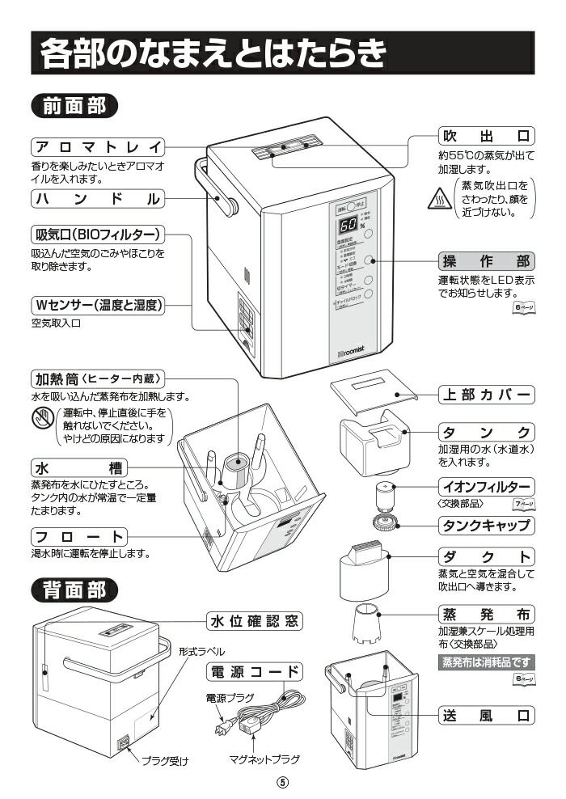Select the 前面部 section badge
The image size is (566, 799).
point(74,106)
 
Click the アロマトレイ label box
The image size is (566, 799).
point(97,147)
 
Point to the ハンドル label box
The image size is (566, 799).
point(97,198)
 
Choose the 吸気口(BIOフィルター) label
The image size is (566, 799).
point(97,235)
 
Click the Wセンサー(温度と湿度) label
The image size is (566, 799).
point(97,306)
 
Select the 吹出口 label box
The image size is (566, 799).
point(486,134)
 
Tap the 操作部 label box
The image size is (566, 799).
point(486,261)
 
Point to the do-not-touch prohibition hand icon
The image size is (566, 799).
point(43,419)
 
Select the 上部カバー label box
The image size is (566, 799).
point(486,395)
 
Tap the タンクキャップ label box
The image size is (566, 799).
point(486,526)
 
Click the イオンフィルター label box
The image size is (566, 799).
point(486,487)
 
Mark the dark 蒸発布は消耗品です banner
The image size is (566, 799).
point(486,662)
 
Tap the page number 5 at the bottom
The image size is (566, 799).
point(283,783)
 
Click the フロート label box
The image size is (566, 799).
point(79,537)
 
